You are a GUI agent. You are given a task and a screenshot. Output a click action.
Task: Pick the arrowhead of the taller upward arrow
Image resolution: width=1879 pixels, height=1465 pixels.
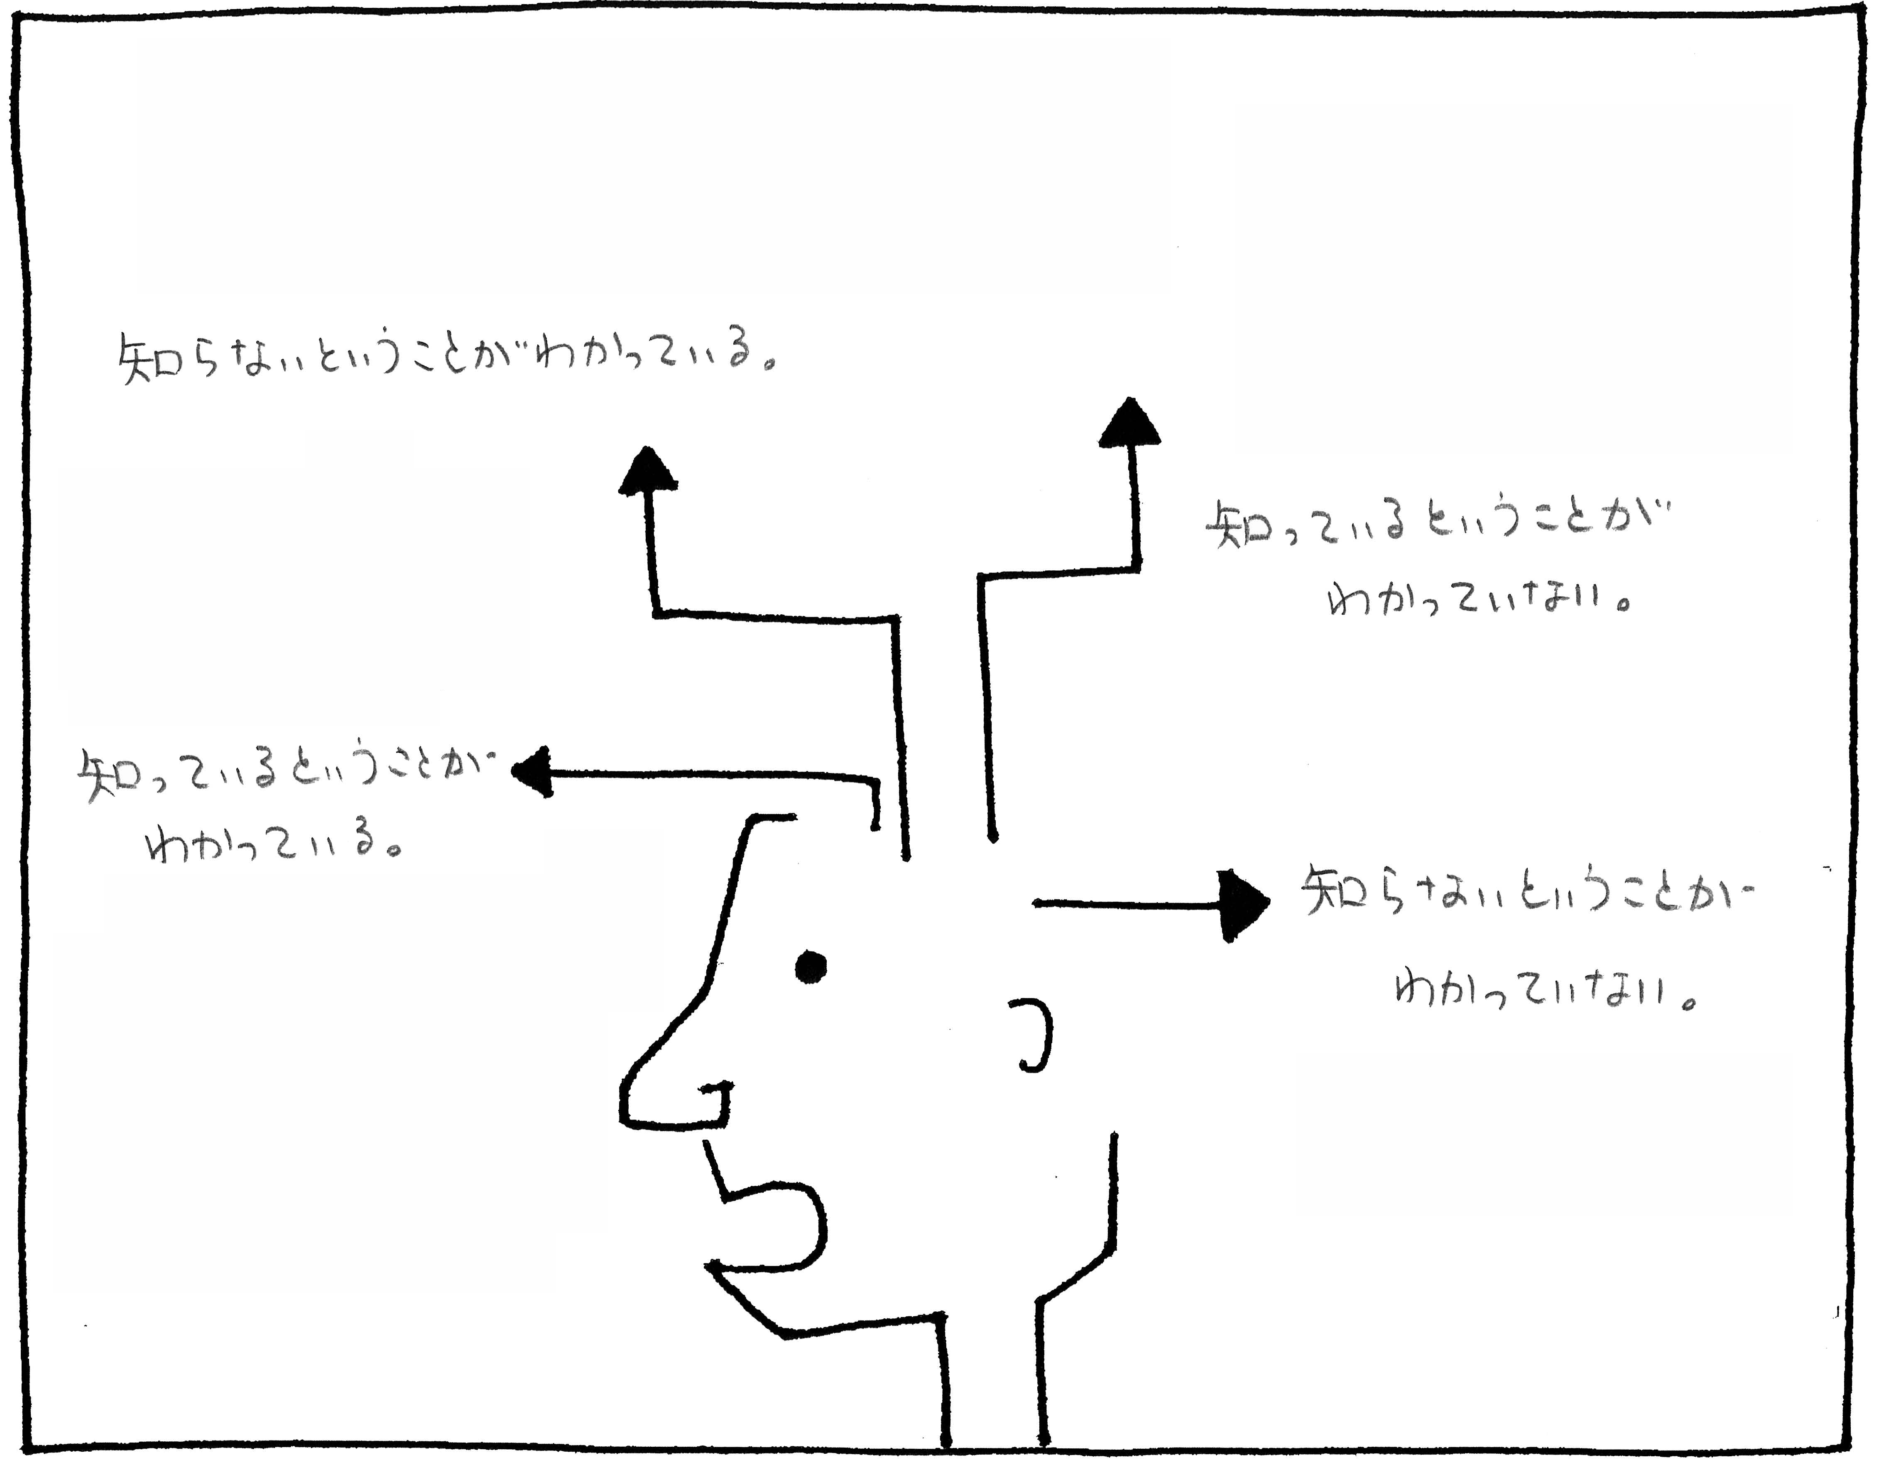(1129, 424)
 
